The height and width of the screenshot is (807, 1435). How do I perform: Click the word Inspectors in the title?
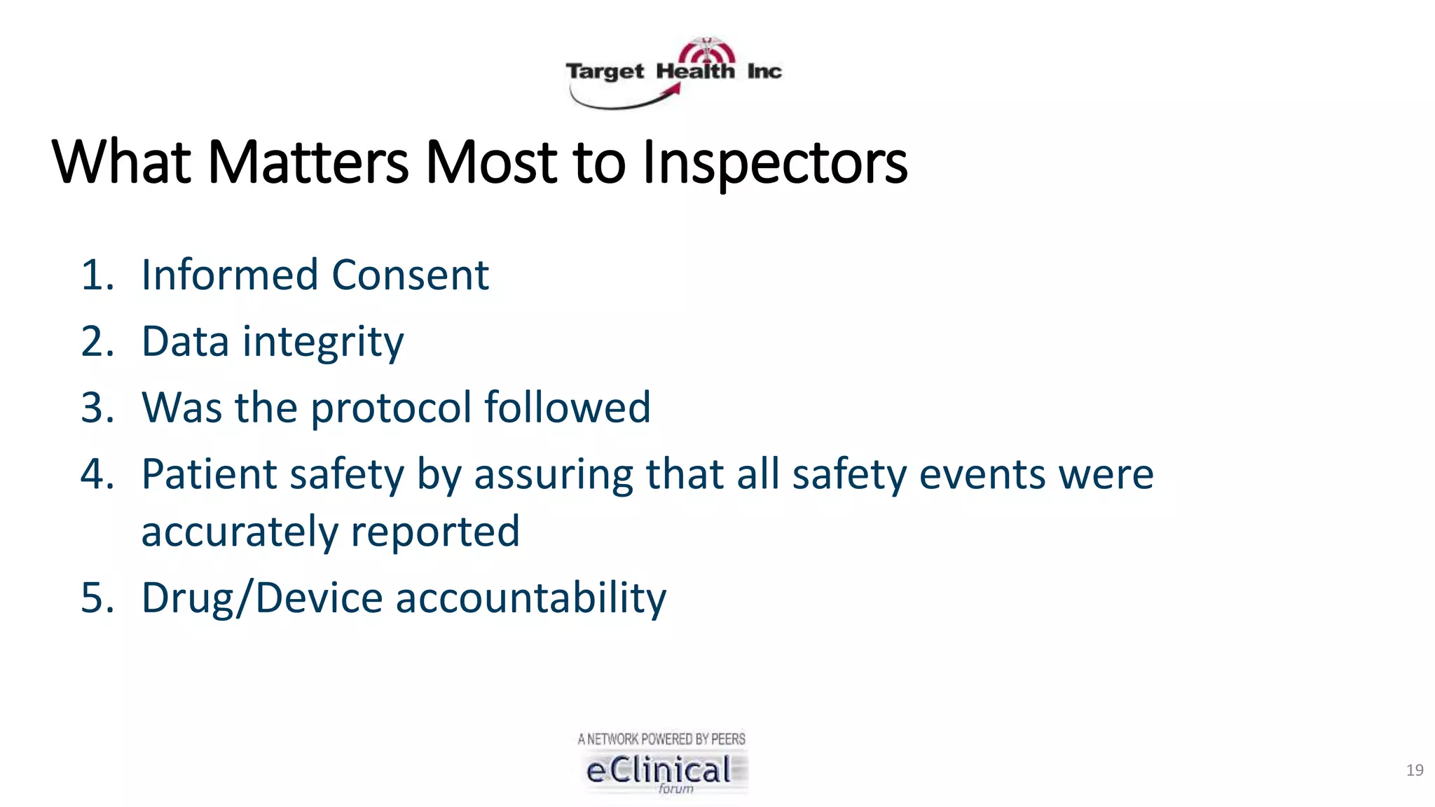[x=774, y=164]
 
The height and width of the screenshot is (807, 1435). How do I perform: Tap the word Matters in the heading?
[x=308, y=163]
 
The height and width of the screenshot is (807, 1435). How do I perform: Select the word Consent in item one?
[x=410, y=275]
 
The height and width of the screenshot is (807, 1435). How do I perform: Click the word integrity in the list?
[x=323, y=342]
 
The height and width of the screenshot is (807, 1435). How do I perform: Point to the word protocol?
[x=391, y=408]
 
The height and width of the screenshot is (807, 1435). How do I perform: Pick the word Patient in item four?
[x=209, y=474]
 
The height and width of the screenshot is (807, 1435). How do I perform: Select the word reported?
[x=435, y=532]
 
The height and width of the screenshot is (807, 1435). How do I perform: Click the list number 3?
[x=97, y=408]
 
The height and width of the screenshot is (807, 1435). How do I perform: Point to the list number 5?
[x=97, y=598]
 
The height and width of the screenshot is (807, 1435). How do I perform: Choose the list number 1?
[x=97, y=275]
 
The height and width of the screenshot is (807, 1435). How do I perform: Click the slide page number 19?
[x=1414, y=771]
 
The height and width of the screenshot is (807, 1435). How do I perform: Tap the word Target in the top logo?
[x=605, y=71]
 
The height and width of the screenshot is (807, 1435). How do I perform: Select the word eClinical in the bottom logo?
[x=659, y=771]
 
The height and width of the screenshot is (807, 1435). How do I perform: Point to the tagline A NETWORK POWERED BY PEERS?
[x=661, y=739]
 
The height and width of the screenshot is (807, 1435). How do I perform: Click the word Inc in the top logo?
[x=764, y=71]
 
